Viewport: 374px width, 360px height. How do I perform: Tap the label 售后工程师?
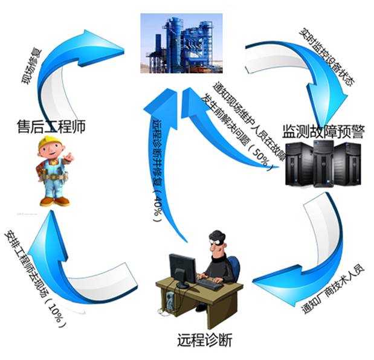click(x=50, y=126)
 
